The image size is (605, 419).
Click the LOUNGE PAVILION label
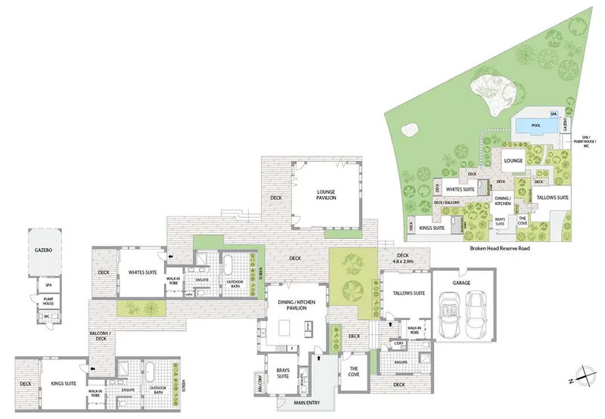pos(327,194)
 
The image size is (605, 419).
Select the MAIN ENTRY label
pos(313,402)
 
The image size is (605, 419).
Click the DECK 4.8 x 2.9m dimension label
pos(402,259)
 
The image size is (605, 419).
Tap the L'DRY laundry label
pos(398,344)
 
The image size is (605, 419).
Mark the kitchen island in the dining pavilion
pos(287,327)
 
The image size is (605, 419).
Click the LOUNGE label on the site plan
pos(514,161)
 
